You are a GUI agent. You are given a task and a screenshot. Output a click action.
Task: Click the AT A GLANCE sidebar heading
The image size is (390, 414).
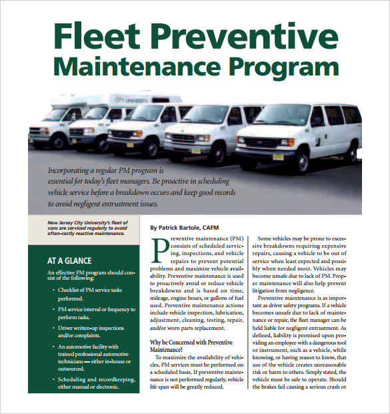tap(69, 261)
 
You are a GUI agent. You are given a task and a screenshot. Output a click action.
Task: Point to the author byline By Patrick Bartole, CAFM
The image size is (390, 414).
tap(194, 227)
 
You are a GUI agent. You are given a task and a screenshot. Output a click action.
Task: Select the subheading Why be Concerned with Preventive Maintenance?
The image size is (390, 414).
tap(191, 346)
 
